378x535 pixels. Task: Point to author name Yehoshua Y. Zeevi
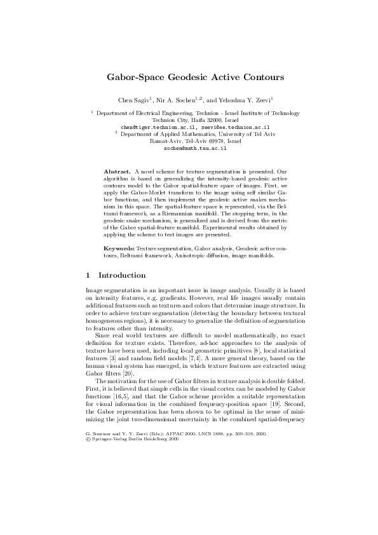pos(246,100)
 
